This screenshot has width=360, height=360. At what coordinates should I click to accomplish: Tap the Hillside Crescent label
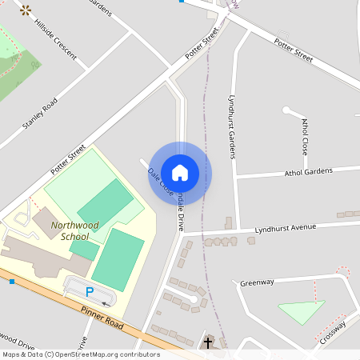click(56, 40)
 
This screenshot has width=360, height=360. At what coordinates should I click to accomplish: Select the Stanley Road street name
click(40, 113)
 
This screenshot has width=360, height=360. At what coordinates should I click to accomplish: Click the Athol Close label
click(305, 136)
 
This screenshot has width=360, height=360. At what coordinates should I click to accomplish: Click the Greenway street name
click(257, 282)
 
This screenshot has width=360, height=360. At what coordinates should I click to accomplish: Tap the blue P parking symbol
click(90, 292)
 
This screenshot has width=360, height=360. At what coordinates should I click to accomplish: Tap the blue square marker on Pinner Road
click(12, 282)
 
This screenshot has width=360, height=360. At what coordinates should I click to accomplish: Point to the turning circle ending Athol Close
click(286, 110)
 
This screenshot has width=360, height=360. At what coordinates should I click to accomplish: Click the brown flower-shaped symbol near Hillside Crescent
click(26, 10)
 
